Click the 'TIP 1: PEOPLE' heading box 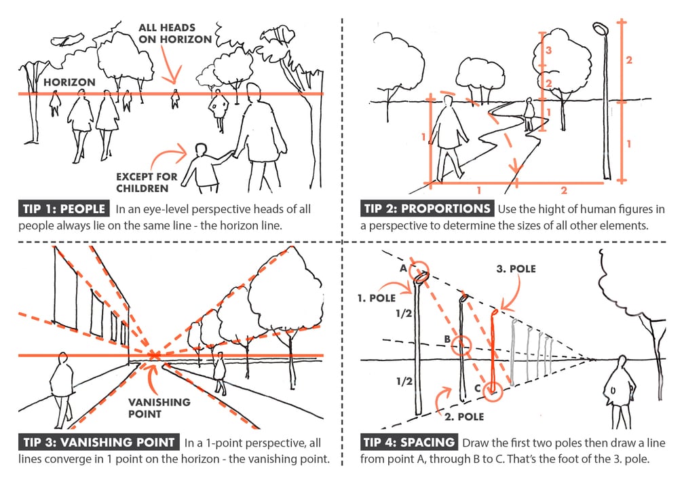tap(65, 208)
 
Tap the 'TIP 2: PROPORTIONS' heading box tap(428, 208)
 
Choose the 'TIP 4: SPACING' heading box tap(410, 443)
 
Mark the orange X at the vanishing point tap(155, 354)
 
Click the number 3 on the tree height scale tap(552, 50)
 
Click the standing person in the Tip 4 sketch tap(620, 390)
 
